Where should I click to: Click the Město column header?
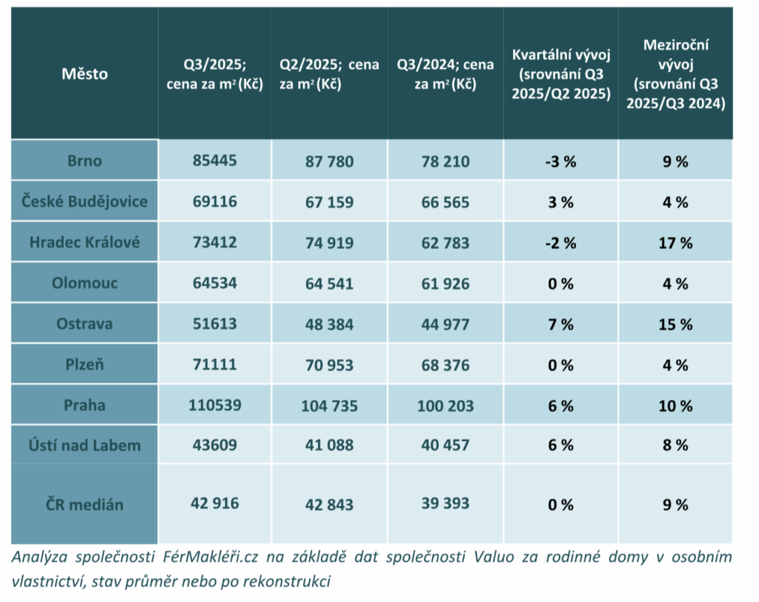84,73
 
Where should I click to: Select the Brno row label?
84,160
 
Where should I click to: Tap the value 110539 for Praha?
213,405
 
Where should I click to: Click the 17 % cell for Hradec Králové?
675,242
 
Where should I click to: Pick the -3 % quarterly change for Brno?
560,161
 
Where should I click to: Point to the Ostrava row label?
84,323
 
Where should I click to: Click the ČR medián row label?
84,504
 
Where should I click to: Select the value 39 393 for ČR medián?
445,504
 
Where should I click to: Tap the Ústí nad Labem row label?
84,445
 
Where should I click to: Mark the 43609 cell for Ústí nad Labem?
213,445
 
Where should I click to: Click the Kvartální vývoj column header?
560,73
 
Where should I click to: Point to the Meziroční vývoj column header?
675,73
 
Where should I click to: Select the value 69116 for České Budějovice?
213,201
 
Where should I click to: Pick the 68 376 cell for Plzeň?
445,365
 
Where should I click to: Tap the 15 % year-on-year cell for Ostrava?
675,324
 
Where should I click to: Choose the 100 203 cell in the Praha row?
445,406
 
